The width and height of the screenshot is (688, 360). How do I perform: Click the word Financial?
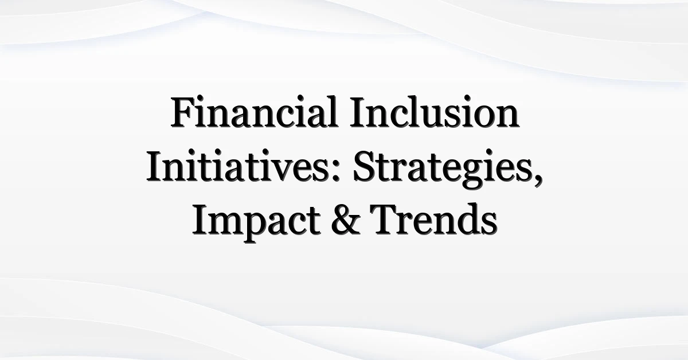(x=255, y=112)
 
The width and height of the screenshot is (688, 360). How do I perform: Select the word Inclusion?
(x=435, y=112)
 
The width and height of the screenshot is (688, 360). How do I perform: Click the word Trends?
(x=433, y=220)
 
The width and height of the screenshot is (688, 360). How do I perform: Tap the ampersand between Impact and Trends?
(x=346, y=220)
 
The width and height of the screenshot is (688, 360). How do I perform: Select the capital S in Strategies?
(x=364, y=166)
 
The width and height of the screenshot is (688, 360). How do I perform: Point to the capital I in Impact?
(x=201, y=220)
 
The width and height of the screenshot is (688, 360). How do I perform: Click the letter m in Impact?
(x=226, y=225)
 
